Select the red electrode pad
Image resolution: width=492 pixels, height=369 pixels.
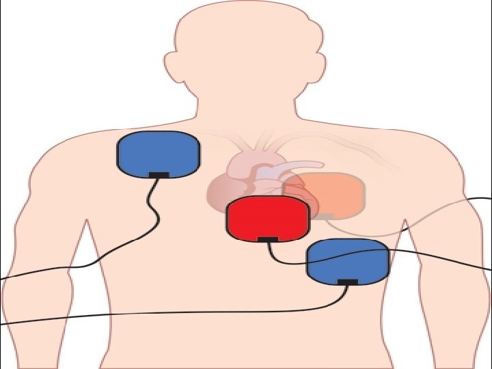coord(268,217)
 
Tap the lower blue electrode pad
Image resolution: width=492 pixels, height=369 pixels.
coord(347,260)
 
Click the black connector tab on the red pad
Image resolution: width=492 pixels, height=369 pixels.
coord(268,239)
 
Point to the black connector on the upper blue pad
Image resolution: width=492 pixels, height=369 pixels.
coord(159,175)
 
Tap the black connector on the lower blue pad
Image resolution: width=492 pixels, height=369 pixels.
coord(347,282)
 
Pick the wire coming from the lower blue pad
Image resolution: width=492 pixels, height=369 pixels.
coord(205,313)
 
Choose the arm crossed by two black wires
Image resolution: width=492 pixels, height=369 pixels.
coord(48,273)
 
